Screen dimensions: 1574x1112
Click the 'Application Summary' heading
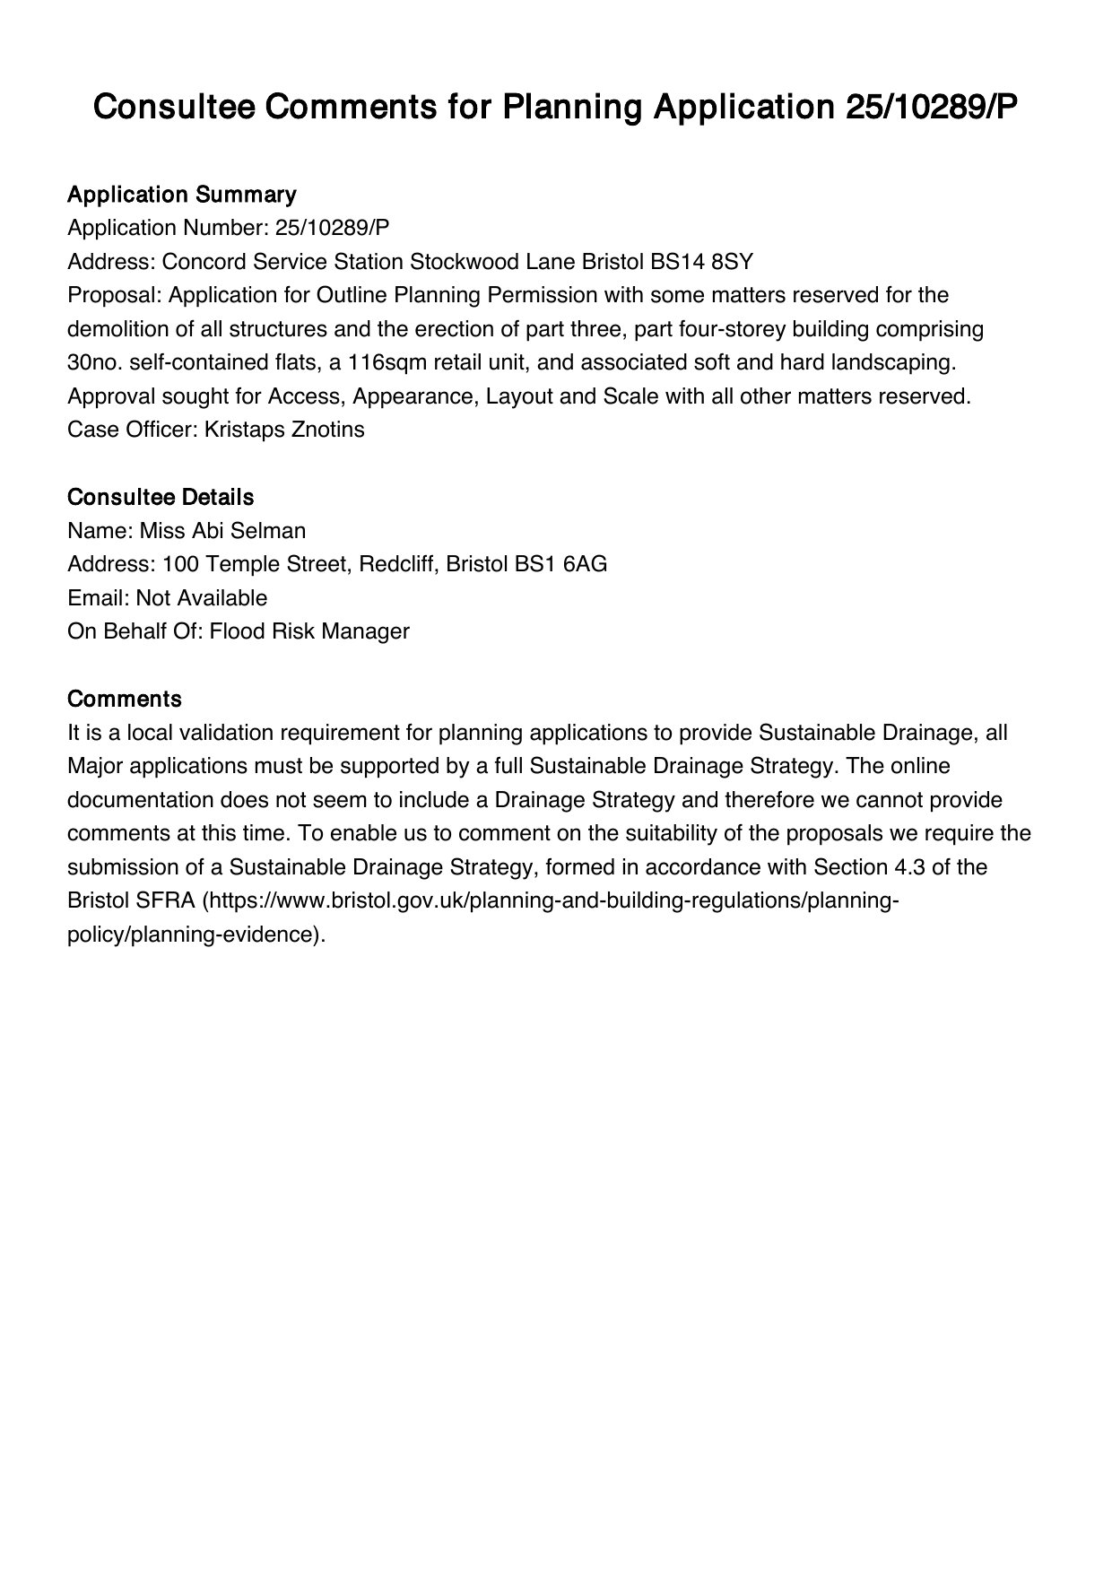click(x=181, y=195)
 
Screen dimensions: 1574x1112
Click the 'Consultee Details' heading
click(x=161, y=497)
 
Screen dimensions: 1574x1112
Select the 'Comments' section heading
click(x=125, y=699)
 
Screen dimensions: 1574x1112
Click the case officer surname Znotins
click(x=328, y=430)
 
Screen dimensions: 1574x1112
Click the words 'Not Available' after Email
click(x=202, y=598)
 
